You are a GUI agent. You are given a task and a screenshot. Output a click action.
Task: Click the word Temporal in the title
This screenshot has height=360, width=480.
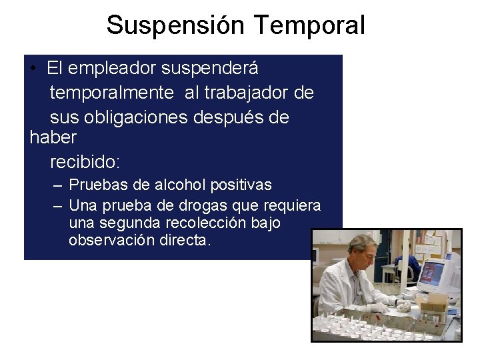point(309,25)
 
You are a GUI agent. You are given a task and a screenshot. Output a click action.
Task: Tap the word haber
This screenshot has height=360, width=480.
point(53,138)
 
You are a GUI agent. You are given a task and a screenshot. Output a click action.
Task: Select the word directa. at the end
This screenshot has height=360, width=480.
point(185,241)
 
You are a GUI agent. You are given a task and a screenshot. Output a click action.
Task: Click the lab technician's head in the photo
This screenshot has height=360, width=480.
point(363,247)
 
